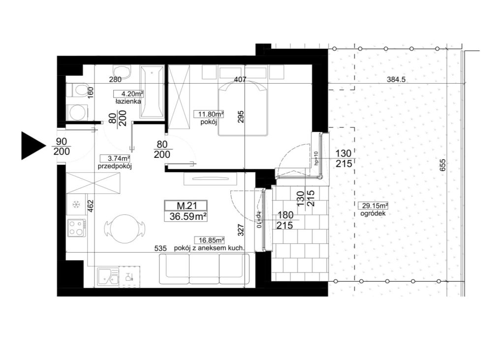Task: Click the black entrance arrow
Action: [32, 146]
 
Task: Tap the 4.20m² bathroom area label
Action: [128, 94]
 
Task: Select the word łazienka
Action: [128, 101]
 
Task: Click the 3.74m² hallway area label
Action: [115, 158]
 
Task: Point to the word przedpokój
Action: [115, 166]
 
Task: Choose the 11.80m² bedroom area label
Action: [209, 114]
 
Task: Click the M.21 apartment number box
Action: [186, 205]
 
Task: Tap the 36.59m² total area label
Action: [186, 216]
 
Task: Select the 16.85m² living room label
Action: [209, 240]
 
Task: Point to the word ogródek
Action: [373, 213]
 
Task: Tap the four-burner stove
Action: [76, 227]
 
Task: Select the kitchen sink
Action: [108, 277]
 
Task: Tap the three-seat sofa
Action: [204, 269]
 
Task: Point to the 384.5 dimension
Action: [396, 79]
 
